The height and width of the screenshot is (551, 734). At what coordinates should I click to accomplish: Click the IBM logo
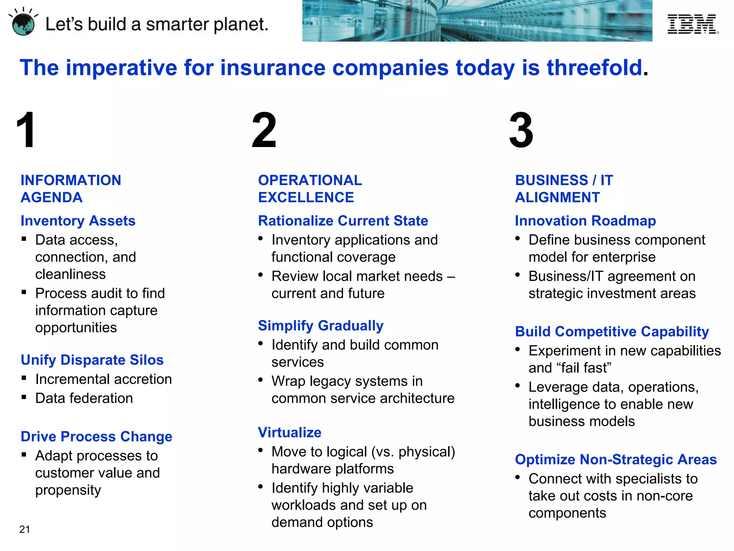coord(692,24)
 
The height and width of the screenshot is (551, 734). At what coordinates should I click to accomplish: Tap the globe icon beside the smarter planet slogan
coord(23,24)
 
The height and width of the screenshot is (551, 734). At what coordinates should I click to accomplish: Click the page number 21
coord(25,529)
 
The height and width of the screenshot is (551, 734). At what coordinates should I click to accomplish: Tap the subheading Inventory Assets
coord(78,221)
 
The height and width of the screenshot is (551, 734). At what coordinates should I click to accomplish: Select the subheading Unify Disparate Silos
coord(92,360)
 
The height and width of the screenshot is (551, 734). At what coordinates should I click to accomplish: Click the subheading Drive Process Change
coord(96,436)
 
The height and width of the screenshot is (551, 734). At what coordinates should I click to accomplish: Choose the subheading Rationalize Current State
coord(343,221)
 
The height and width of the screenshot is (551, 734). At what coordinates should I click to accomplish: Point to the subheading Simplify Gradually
coord(321,325)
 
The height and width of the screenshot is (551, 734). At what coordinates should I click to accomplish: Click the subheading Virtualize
coord(290,432)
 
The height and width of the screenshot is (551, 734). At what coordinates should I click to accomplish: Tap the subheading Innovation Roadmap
coord(585,221)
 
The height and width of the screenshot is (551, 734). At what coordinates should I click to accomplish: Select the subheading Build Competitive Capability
coord(612,331)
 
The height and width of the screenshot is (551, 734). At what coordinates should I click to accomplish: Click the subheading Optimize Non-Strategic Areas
coord(616,459)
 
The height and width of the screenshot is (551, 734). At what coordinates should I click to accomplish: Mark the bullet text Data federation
coord(84,398)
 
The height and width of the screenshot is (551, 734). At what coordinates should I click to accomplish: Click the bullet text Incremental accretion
coord(104,379)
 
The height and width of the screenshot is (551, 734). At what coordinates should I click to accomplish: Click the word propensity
coord(68,490)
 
